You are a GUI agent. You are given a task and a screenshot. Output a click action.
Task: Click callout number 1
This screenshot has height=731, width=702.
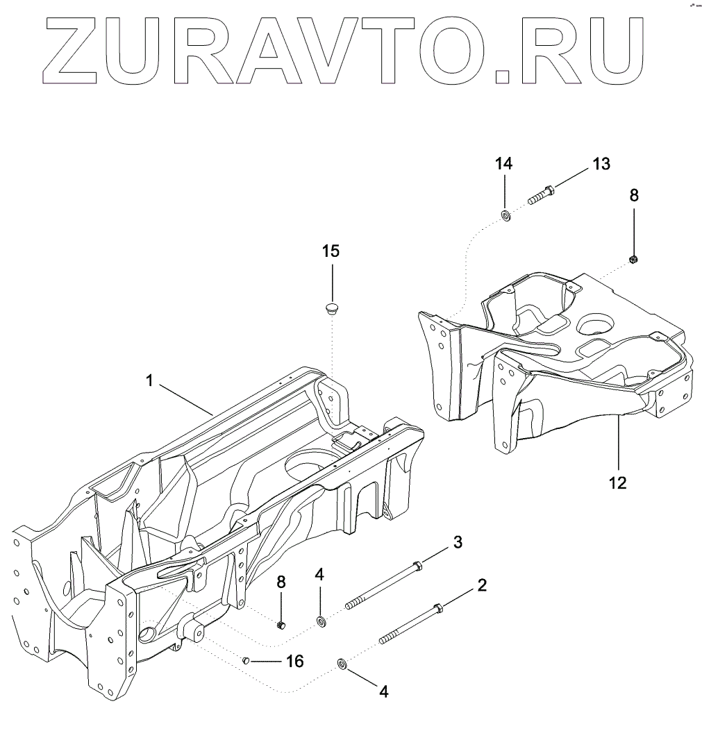(x=149, y=381)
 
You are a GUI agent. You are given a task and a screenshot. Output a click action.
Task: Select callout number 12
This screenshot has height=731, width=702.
(x=617, y=482)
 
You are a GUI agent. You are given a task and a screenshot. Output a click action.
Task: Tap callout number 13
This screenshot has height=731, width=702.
(x=601, y=164)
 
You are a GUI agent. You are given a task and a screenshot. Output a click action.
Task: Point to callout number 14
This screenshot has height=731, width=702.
(x=504, y=164)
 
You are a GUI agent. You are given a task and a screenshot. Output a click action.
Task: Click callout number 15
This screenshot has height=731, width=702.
(x=331, y=251)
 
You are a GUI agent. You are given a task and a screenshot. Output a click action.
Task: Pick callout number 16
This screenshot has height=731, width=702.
(x=294, y=661)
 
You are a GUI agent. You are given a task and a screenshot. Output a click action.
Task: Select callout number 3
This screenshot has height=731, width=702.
(x=458, y=541)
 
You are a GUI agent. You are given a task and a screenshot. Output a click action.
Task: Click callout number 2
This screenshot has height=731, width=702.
(x=481, y=585)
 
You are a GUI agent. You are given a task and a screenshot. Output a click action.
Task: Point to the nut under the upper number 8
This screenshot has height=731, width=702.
(x=633, y=259)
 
